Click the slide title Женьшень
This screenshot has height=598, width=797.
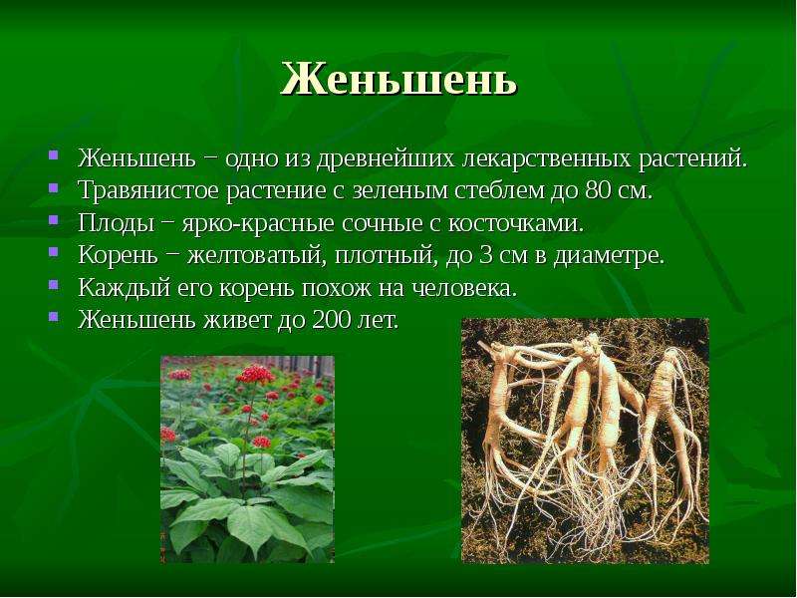click(399, 80)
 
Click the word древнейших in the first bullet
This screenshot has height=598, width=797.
click(386, 158)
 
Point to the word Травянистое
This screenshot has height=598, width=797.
click(148, 191)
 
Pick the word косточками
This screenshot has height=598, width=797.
click(515, 223)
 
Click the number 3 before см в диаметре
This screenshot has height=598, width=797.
click(485, 256)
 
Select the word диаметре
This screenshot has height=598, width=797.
click(609, 256)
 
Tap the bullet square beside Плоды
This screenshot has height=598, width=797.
click(54, 219)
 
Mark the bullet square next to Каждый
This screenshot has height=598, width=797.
click(54, 284)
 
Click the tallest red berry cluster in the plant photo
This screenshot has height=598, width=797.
click(254, 375)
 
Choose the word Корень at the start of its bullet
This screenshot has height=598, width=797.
click(118, 256)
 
